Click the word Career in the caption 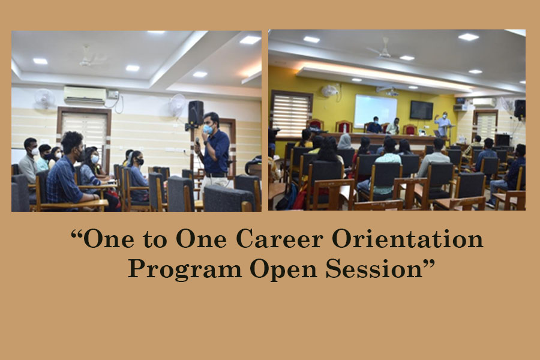click(279, 239)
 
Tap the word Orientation click(407, 239)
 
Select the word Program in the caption click(185, 269)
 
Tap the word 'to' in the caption click(155, 239)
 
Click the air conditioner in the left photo click(85, 95)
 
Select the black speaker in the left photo click(196, 113)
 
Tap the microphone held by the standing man click(197, 142)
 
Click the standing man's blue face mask click(208, 129)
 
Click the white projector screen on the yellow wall click(376, 110)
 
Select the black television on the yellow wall click(421, 110)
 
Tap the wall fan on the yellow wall click(329, 90)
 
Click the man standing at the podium click(443, 124)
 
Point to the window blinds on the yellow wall click(292, 114)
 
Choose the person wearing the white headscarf click(345, 142)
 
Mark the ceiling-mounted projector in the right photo click(388, 91)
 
